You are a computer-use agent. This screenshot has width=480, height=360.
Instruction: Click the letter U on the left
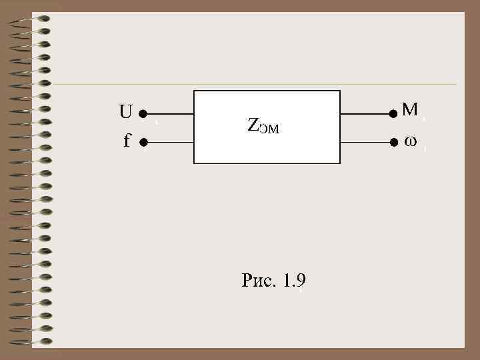click(x=125, y=112)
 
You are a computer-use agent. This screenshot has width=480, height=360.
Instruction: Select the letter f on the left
click(x=127, y=141)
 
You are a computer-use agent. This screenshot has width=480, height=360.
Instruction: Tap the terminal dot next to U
click(x=143, y=114)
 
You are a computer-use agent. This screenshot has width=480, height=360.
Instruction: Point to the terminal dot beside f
click(x=143, y=142)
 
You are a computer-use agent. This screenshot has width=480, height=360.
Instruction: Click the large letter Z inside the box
click(x=253, y=125)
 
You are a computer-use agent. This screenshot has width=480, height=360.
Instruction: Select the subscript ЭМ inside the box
click(x=269, y=128)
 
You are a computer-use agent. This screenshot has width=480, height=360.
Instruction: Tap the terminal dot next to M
click(x=393, y=114)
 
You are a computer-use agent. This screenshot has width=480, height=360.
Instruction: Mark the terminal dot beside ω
click(x=393, y=142)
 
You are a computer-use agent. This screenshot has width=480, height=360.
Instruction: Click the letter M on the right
click(x=410, y=109)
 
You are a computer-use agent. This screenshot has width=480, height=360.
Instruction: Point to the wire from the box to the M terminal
click(x=366, y=114)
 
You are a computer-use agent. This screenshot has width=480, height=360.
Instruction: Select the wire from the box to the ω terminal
click(x=366, y=142)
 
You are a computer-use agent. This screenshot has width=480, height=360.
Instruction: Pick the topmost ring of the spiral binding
click(x=29, y=18)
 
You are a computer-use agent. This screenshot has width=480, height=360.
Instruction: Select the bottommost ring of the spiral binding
click(x=29, y=342)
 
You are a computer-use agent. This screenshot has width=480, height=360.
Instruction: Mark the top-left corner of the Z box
click(x=194, y=90)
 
